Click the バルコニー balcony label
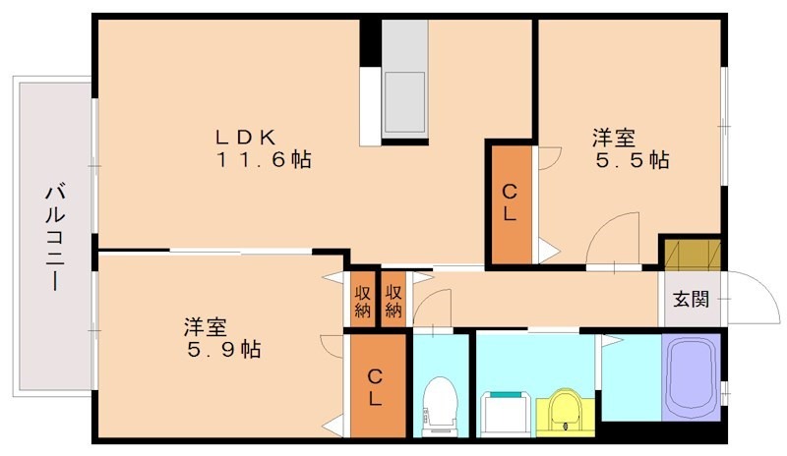tap(52, 236)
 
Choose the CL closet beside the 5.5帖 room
tap(510, 203)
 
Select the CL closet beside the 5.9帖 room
tap(376, 387)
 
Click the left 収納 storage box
tap(362, 300)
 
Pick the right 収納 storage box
tap(393, 300)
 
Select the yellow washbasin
tap(565, 409)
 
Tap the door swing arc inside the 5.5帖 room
tap(614, 236)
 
